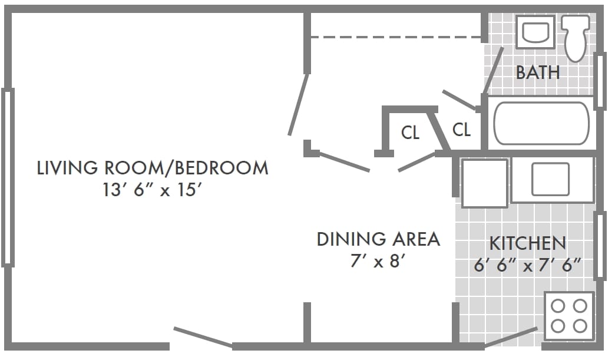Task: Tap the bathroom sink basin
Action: click(535, 32)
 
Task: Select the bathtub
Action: click(541, 123)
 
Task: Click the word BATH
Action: click(537, 72)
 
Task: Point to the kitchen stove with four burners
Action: click(568, 315)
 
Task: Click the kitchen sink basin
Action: click(550, 179)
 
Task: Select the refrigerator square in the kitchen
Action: click(484, 183)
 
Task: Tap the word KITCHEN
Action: click(527, 243)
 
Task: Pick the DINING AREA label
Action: click(378, 239)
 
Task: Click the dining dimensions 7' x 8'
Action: click(378, 260)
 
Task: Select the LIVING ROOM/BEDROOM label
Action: click(153, 168)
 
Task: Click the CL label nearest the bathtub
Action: click(461, 129)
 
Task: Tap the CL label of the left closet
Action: click(411, 133)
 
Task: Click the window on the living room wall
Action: click(8, 177)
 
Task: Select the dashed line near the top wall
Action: click(396, 37)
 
